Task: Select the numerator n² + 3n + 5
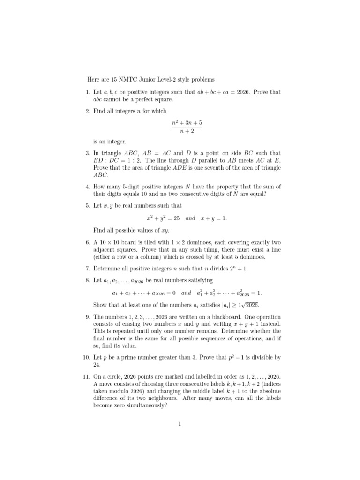click(187, 123)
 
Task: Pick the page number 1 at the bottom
click(180, 424)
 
